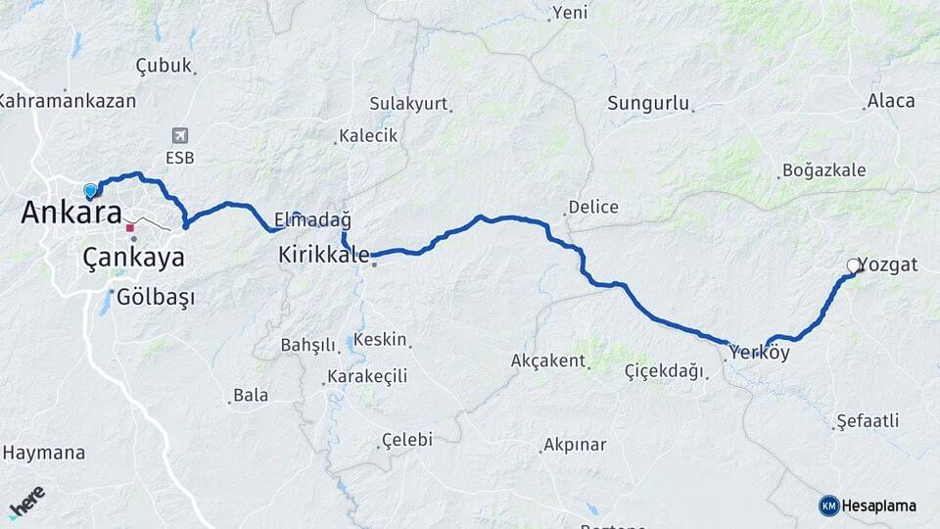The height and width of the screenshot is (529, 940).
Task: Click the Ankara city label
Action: [x=71, y=213]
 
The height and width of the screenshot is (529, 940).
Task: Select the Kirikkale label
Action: [x=324, y=255]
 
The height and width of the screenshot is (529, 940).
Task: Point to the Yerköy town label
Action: [x=760, y=353]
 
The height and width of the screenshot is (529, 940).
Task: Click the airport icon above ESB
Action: [x=179, y=136]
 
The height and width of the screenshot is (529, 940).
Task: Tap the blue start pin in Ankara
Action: [x=91, y=190]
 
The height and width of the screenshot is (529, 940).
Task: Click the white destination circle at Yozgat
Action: [x=853, y=265]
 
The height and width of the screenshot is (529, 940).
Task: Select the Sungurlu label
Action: [x=649, y=104]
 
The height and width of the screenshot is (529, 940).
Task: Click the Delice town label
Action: [x=594, y=208]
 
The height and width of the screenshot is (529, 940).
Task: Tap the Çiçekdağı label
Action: [x=664, y=371]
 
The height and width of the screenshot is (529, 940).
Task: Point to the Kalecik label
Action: [x=368, y=136]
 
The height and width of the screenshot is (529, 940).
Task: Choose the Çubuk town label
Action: [x=163, y=66]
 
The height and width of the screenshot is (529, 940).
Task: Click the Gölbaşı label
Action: [x=156, y=296]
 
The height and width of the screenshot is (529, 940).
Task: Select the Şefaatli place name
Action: [x=868, y=422]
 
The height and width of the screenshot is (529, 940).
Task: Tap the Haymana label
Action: [x=44, y=454]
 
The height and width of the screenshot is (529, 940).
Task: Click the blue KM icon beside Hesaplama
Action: [x=829, y=505]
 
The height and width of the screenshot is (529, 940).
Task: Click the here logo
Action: [x=26, y=502]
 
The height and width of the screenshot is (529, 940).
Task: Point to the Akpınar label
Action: [x=576, y=446]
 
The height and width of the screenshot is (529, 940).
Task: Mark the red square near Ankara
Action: [x=129, y=227]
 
